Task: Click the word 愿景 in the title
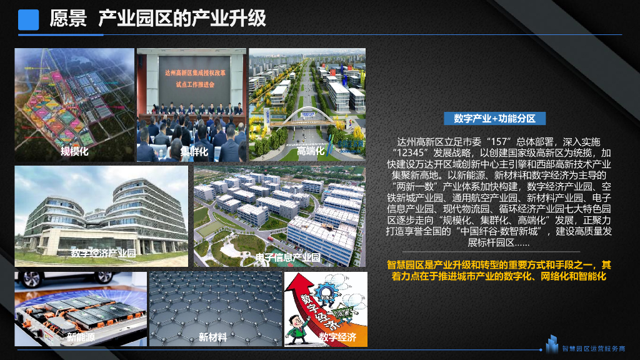(68, 19)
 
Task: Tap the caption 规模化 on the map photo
(74, 151)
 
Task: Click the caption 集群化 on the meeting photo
(194, 151)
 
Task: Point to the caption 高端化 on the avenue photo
(311, 151)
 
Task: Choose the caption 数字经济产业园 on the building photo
(103, 253)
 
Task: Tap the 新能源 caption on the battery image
(81, 337)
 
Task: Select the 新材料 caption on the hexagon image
(212, 337)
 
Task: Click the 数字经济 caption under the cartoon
(337, 337)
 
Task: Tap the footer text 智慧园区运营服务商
(593, 349)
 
